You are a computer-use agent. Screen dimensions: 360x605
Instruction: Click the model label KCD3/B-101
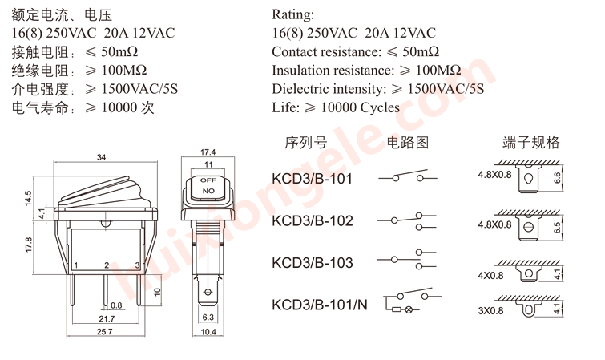click(312, 178)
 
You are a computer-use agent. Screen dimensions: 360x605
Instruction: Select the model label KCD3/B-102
click(312, 220)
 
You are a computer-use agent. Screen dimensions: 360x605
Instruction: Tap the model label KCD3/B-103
click(312, 262)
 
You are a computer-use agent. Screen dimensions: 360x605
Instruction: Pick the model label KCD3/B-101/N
click(320, 305)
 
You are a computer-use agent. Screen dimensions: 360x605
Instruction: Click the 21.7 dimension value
click(105, 318)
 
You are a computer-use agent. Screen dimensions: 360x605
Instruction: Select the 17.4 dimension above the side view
click(208, 152)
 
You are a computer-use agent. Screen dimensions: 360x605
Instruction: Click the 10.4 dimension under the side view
click(208, 331)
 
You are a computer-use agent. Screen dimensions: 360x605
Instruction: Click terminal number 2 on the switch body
click(106, 265)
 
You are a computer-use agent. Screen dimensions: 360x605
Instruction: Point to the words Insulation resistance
click(329, 70)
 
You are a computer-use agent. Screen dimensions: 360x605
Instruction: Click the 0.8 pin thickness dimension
click(116, 305)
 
